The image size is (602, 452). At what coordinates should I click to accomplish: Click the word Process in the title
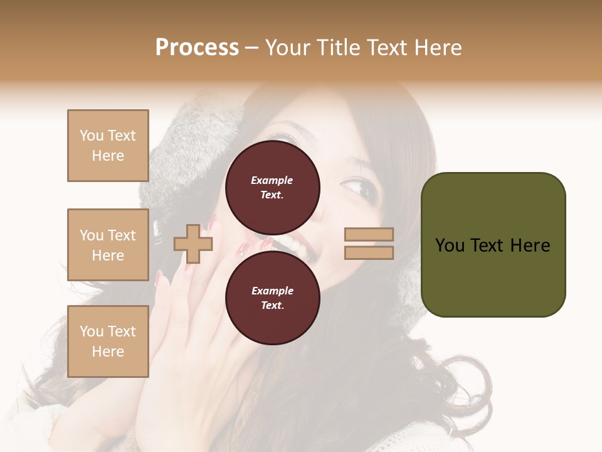click(197, 48)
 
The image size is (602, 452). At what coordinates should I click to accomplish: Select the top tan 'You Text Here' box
click(108, 146)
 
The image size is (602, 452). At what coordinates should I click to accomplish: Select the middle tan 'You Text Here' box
click(108, 245)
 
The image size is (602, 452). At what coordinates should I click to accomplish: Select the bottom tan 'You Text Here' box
click(108, 342)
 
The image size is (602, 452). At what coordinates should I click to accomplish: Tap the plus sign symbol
click(193, 244)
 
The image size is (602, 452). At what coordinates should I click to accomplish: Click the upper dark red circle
click(272, 187)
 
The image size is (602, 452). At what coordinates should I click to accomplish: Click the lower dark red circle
click(272, 298)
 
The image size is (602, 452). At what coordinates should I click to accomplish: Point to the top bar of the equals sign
click(369, 234)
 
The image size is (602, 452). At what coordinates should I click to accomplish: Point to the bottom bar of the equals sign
click(369, 252)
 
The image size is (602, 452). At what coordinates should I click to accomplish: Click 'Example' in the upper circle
click(272, 180)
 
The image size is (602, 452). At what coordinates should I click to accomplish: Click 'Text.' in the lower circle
click(272, 305)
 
